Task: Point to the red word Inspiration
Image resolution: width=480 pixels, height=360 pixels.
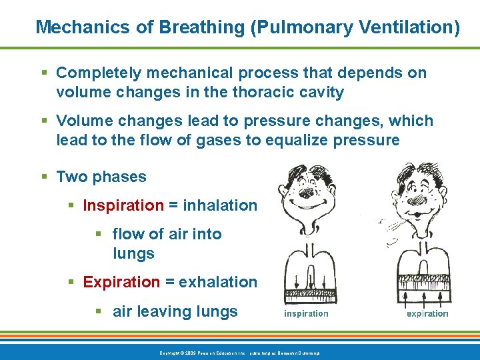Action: pyautogui.click(x=123, y=206)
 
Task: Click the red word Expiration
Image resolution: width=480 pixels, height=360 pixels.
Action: pyautogui.click(x=121, y=282)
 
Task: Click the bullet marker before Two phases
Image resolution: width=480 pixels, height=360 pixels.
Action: pyautogui.click(x=45, y=177)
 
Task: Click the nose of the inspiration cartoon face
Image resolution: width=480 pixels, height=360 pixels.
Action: pyautogui.click(x=307, y=193)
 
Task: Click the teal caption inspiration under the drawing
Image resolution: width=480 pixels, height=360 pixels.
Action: pyautogui.click(x=306, y=313)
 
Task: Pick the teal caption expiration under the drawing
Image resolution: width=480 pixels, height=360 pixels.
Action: pyautogui.click(x=427, y=313)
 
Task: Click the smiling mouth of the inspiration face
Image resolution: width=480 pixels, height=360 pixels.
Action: pyautogui.click(x=308, y=205)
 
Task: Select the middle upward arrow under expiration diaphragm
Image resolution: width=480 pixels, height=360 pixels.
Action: pyautogui.click(x=427, y=293)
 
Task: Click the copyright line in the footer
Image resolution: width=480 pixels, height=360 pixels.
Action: pyautogui.click(x=239, y=352)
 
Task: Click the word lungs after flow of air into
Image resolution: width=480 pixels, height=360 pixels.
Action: pyautogui.click(x=133, y=254)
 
